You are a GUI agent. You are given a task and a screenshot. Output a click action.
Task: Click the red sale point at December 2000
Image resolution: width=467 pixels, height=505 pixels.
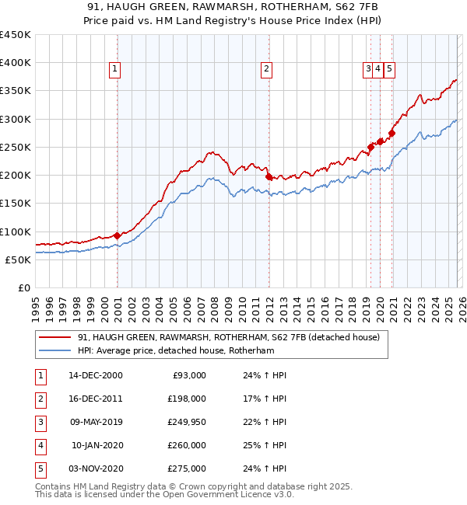(x=117, y=235)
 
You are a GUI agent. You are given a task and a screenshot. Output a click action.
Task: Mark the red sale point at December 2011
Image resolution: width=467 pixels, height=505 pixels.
(x=269, y=176)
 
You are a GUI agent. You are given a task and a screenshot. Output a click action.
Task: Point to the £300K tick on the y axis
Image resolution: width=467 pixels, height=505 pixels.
(x=16, y=119)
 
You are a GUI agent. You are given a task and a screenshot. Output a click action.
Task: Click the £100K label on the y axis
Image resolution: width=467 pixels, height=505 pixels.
(x=16, y=232)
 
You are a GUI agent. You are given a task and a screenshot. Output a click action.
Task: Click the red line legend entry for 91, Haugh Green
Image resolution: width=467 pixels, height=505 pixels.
(x=228, y=337)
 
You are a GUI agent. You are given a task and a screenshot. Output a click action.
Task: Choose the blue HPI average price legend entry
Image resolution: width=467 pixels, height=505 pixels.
(x=176, y=351)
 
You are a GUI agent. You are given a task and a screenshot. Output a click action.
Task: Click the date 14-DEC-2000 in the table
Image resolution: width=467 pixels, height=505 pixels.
(x=95, y=375)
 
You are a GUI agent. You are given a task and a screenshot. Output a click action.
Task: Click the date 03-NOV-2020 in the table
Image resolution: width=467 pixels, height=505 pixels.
(x=95, y=468)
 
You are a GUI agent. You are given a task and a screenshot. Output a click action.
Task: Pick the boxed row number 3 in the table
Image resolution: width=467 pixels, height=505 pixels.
(x=39, y=422)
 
